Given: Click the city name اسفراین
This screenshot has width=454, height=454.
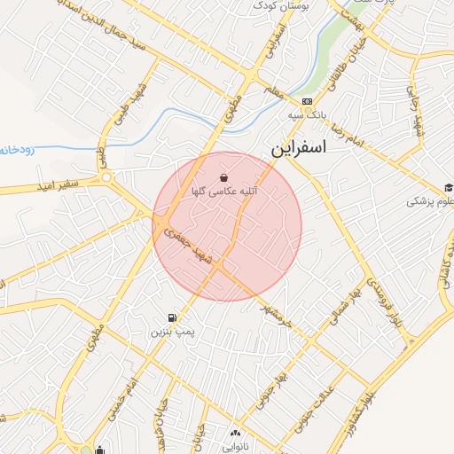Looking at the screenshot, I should pyautogui.click(x=296, y=146).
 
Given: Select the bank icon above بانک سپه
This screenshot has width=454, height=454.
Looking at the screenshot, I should pyautogui.click(x=306, y=101).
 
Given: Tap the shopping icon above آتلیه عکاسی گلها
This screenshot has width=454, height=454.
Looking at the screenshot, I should pyautogui.click(x=221, y=176).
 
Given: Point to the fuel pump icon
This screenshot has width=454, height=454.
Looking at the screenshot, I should pyautogui.click(x=170, y=317).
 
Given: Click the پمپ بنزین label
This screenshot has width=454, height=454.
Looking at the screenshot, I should pyautogui.click(x=171, y=332).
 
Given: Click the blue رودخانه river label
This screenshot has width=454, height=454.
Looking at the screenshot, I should pyautogui.click(x=17, y=149).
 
